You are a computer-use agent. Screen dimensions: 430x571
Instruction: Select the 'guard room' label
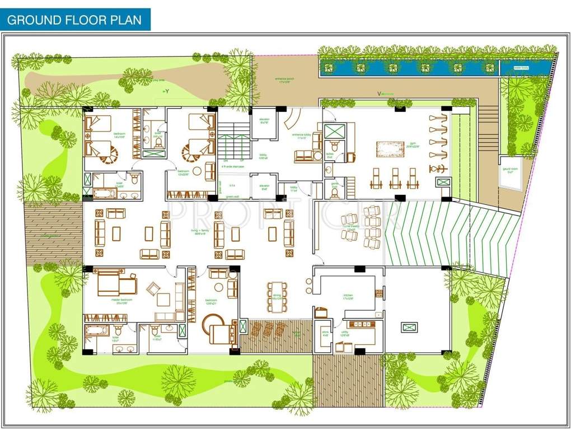(508, 171)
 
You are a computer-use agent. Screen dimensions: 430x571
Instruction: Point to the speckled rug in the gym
(390, 149)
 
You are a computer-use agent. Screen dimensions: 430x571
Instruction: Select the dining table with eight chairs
(277, 294)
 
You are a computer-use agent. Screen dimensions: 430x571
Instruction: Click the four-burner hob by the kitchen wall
(378, 294)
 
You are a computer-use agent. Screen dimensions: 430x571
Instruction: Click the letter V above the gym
(379, 94)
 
